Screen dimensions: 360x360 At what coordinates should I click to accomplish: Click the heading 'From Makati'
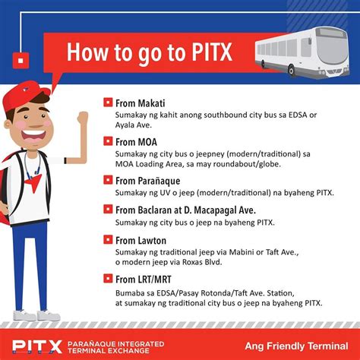[x=140, y=103]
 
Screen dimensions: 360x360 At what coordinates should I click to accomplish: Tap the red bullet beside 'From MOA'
[x=108, y=141]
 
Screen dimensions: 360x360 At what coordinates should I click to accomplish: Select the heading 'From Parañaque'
[x=148, y=182]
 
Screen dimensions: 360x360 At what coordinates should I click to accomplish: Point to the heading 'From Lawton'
[x=141, y=240]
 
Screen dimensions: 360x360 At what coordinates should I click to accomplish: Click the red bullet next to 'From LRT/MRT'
[x=108, y=279]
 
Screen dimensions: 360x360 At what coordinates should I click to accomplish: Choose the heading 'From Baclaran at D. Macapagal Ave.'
[x=185, y=210]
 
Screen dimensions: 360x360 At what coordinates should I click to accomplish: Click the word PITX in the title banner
[x=212, y=52]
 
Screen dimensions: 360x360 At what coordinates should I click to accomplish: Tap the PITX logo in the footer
[x=37, y=346]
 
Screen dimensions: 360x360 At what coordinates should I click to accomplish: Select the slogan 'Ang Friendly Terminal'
[x=296, y=346]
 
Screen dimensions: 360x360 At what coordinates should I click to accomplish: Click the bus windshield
[x=331, y=51]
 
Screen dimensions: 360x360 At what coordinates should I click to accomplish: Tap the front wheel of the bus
[x=292, y=70]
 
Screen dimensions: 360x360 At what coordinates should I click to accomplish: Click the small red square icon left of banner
[x=21, y=61]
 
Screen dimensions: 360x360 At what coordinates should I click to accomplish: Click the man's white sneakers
[x=36, y=315]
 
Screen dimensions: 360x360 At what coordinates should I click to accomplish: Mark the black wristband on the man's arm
[x=65, y=160]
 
